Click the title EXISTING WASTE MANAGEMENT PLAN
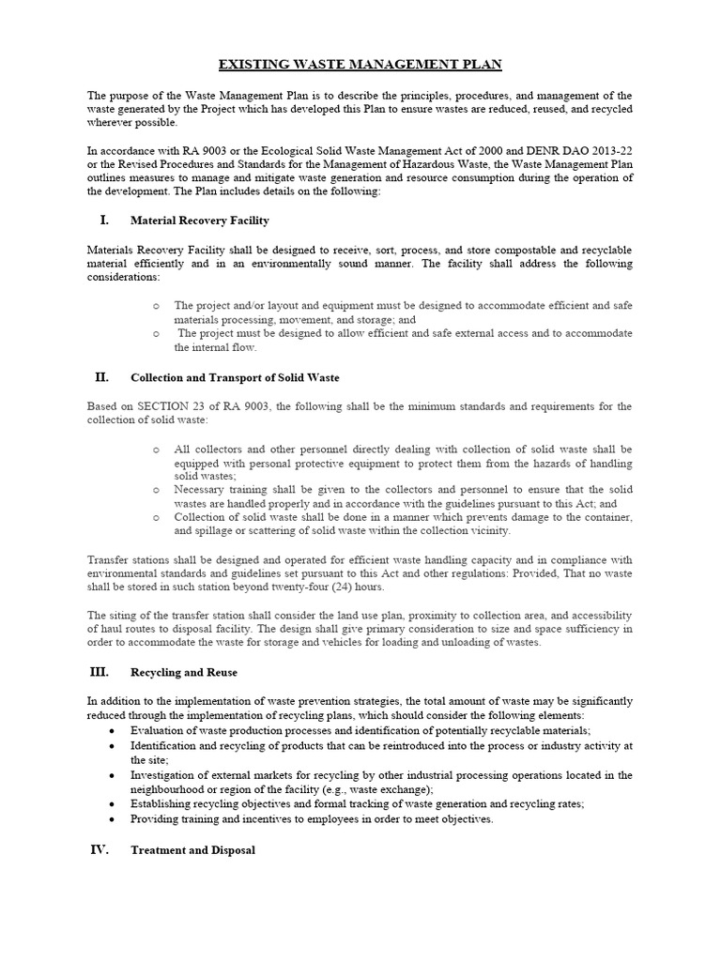coord(360,64)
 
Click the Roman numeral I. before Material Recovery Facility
coord(104,221)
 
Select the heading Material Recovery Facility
coord(200,221)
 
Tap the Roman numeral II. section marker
coord(102,377)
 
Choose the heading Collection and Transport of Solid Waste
coord(235,378)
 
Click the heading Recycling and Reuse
coord(184,674)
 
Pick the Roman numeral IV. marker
coord(100,850)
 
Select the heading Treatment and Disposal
coord(192,851)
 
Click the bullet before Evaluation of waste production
coord(112,731)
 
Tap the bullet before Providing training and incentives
coord(112,819)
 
